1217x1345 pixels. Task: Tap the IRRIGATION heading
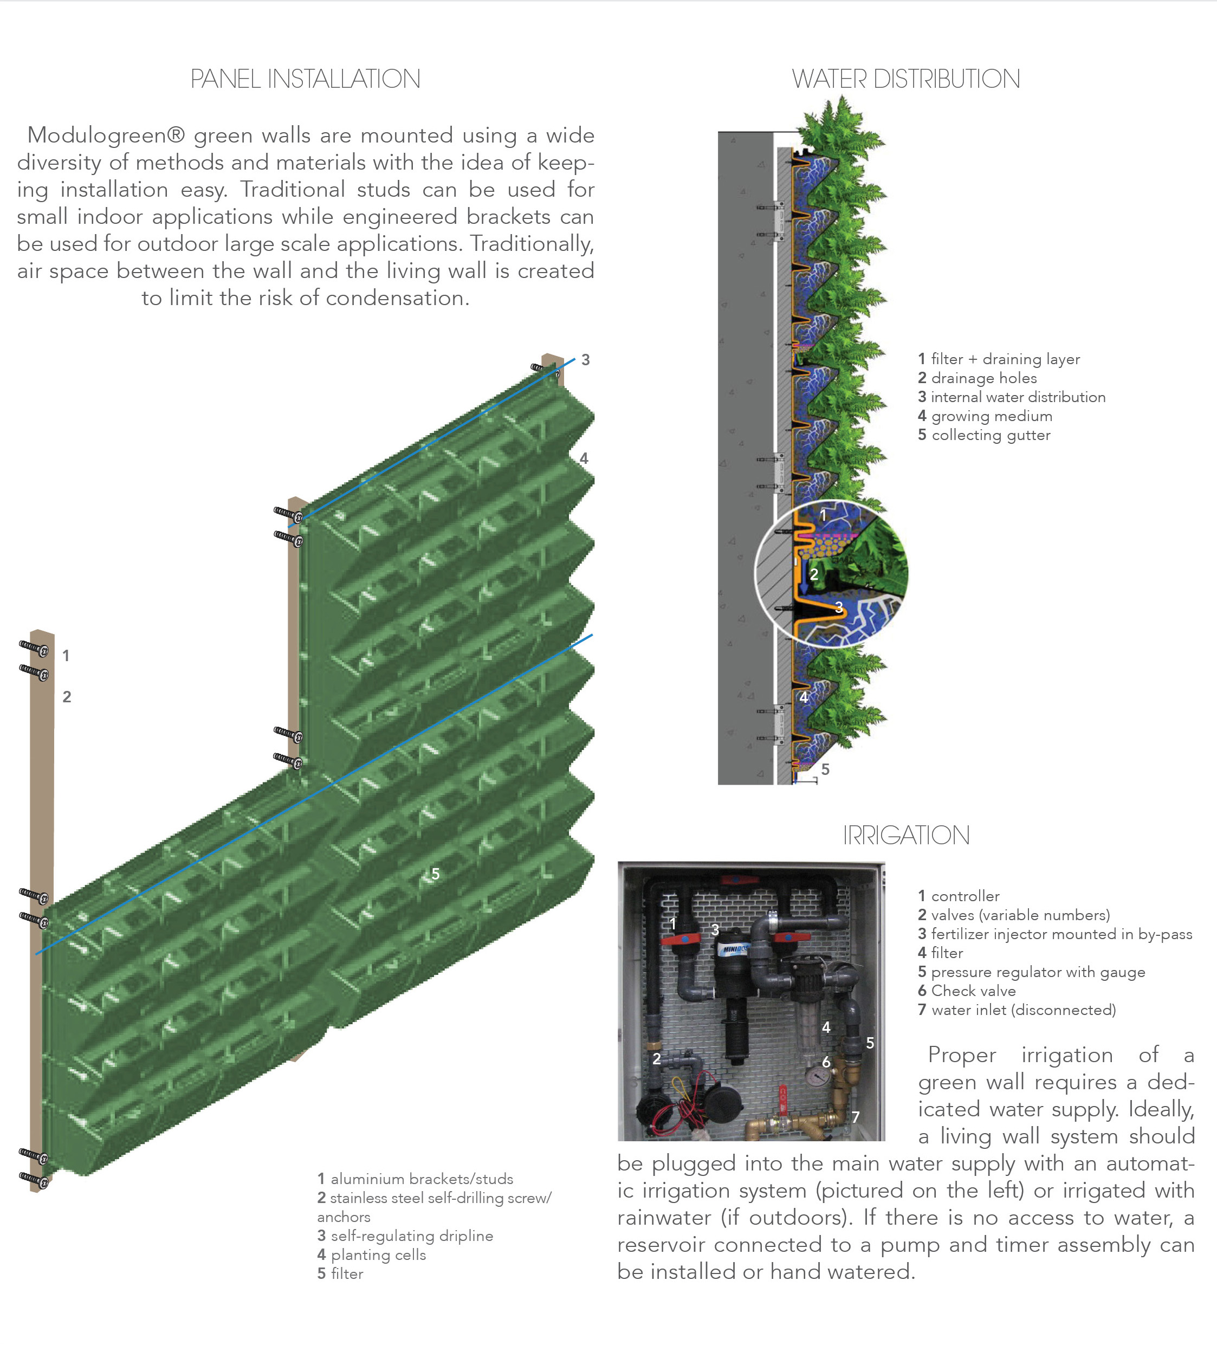point(905,835)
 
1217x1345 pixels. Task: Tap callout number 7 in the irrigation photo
point(856,1117)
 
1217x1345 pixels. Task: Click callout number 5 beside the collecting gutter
point(825,770)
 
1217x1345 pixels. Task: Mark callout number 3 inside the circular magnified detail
point(839,606)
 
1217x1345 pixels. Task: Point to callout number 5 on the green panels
point(436,874)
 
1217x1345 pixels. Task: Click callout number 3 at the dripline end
point(585,360)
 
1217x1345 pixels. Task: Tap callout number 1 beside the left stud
point(66,656)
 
